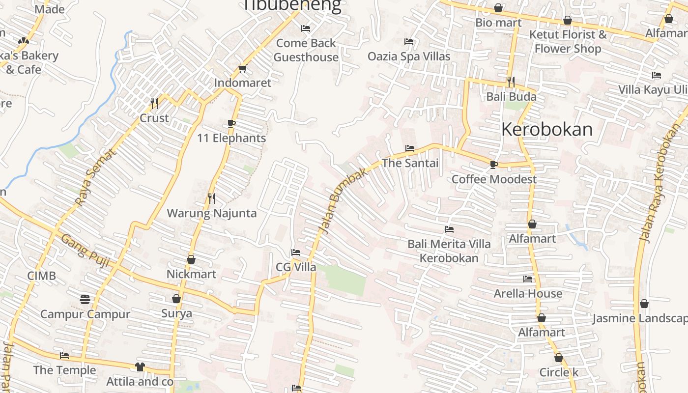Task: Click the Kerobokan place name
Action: point(547,129)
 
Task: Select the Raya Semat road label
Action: point(96,177)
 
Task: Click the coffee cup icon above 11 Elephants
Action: point(231,123)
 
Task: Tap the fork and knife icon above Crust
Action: point(154,103)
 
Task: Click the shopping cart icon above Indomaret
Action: point(242,68)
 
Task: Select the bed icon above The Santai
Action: point(410,148)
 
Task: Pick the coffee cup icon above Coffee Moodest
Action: point(494,165)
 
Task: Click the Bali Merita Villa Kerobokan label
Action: point(449,251)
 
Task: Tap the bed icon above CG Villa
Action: point(296,253)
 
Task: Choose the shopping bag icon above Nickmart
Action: point(191,259)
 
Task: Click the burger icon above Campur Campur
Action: point(85,299)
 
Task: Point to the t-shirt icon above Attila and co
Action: point(140,366)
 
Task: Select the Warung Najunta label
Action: point(212,213)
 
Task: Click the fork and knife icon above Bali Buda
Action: point(511,82)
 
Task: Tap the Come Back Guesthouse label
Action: point(306,50)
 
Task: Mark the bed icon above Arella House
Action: point(528,279)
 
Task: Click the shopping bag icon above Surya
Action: point(176,299)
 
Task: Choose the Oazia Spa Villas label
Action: point(409,56)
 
